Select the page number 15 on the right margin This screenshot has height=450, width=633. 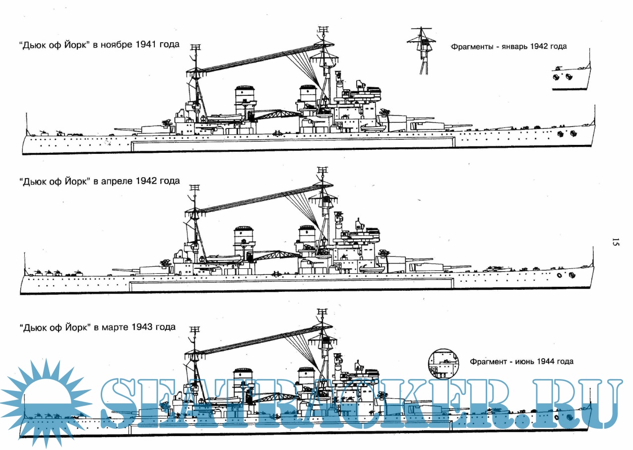[615, 243]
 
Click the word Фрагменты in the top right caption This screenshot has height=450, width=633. [473, 47]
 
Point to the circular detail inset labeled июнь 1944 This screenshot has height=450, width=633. [443, 364]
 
